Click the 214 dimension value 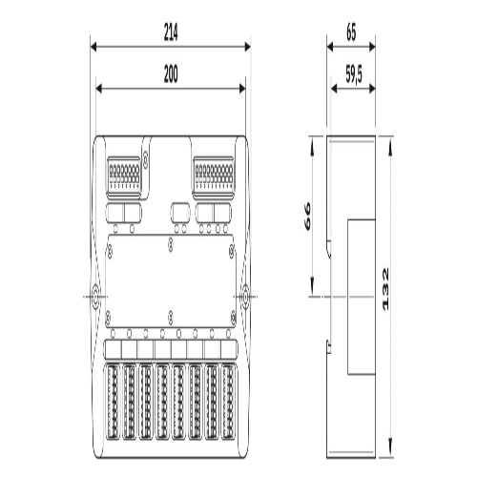(171, 32)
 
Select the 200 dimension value (171, 74)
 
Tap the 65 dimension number (351, 32)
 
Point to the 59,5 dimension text (354, 75)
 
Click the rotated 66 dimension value (307, 217)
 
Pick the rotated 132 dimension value (385, 289)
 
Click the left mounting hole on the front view (95, 297)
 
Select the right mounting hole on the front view (245, 297)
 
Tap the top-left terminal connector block (124, 177)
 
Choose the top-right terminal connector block (214, 177)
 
